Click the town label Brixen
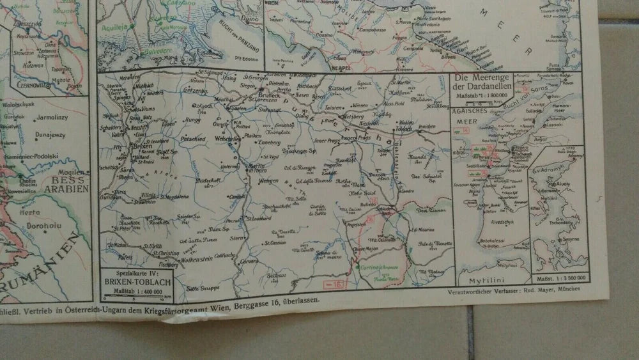[141, 145]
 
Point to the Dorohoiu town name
[42, 225]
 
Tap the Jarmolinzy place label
[56, 118]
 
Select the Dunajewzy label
[56, 136]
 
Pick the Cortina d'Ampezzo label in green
[378, 266]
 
